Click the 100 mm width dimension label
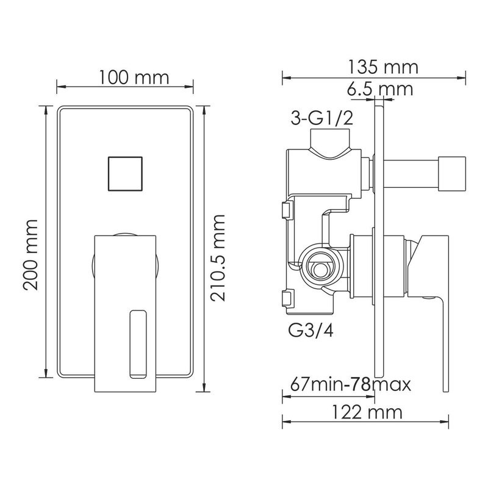tap(134, 77)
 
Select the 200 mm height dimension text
tap(30, 255)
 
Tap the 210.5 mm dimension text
tap(218, 257)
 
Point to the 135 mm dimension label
tap(382, 67)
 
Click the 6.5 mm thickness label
tap(380, 89)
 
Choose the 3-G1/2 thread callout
tap(322, 118)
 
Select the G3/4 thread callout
tap(311, 331)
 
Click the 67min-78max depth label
tap(351, 384)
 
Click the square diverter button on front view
tap(125, 174)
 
